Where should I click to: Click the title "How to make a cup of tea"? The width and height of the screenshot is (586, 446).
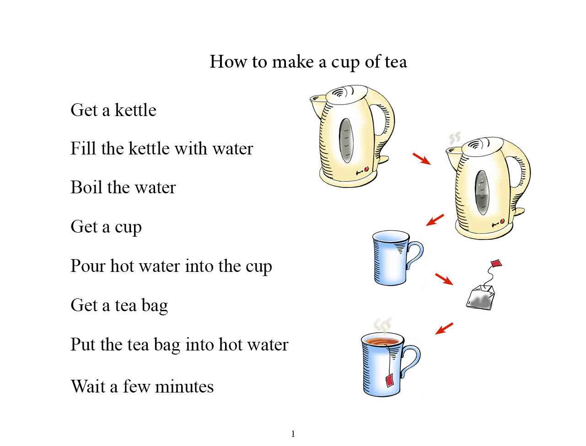pos(308,62)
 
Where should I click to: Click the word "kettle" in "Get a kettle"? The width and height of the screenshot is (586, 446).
pos(135,110)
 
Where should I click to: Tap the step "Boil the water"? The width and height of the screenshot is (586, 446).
pos(123,187)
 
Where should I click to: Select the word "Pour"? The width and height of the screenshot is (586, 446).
pos(88,266)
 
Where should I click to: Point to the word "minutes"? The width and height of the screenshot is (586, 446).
pos(184,387)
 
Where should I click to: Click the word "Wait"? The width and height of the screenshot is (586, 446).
pos(88,386)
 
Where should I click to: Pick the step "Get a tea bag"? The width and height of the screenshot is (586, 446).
pos(119,306)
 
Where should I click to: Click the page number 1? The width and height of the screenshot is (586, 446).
pos(293,434)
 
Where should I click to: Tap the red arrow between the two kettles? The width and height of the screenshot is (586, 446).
pos(422,159)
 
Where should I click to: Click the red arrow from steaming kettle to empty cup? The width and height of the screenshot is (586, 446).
pos(435,220)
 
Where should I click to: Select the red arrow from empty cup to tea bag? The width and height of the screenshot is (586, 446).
pos(444,279)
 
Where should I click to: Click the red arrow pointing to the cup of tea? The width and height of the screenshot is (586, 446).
pos(444,329)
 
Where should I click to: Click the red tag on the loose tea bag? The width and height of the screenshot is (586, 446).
pos(496,263)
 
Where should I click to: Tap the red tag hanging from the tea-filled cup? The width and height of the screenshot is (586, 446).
pos(390,380)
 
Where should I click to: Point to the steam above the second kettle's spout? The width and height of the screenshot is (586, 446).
pos(454,138)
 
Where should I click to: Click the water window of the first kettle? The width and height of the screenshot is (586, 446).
pos(346,140)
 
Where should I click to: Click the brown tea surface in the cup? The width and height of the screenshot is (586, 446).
pos(382,341)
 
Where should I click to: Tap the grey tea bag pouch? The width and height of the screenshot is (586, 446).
pos(480,298)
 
